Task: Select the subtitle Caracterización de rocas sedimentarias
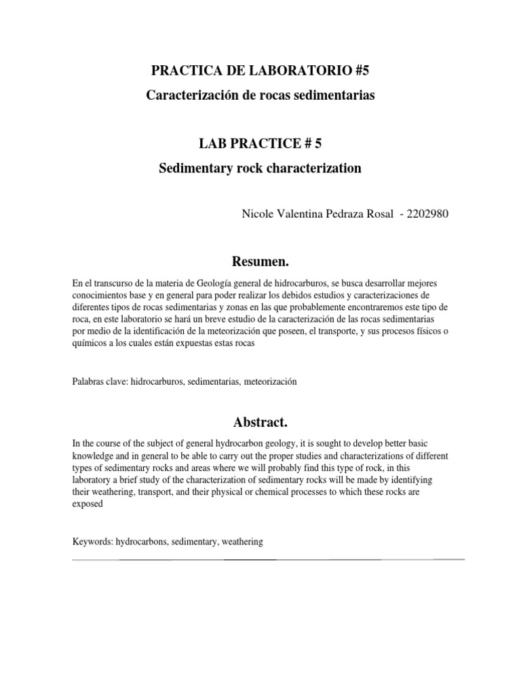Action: click(260, 96)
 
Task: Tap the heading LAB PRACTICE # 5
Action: click(260, 143)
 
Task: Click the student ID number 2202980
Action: click(429, 214)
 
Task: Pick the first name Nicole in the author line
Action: click(258, 214)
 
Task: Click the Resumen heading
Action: click(260, 261)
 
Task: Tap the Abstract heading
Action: click(260, 422)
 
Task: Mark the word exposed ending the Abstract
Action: click(88, 503)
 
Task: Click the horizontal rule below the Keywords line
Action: click(268, 560)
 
